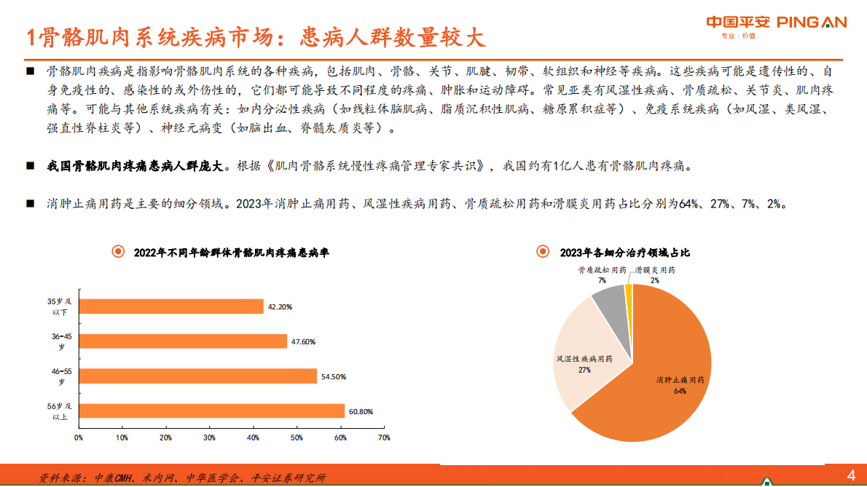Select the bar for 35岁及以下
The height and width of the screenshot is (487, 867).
[x=170, y=306]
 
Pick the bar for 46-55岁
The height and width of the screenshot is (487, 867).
[x=197, y=376]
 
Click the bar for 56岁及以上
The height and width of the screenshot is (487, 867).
[x=211, y=411]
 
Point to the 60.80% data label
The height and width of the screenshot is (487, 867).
[x=361, y=411]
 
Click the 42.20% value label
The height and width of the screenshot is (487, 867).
[x=280, y=307]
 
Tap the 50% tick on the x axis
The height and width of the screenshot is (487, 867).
[x=297, y=437]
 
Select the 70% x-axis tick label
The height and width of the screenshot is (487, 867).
[x=384, y=437]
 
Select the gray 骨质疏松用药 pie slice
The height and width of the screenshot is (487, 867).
[x=609, y=304]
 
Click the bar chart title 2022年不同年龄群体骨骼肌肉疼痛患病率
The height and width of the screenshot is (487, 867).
[x=231, y=253]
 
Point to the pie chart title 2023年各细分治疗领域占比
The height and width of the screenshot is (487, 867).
[x=624, y=253]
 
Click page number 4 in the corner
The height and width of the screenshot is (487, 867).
[x=850, y=475]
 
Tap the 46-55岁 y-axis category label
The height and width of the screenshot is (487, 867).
[x=62, y=376]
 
